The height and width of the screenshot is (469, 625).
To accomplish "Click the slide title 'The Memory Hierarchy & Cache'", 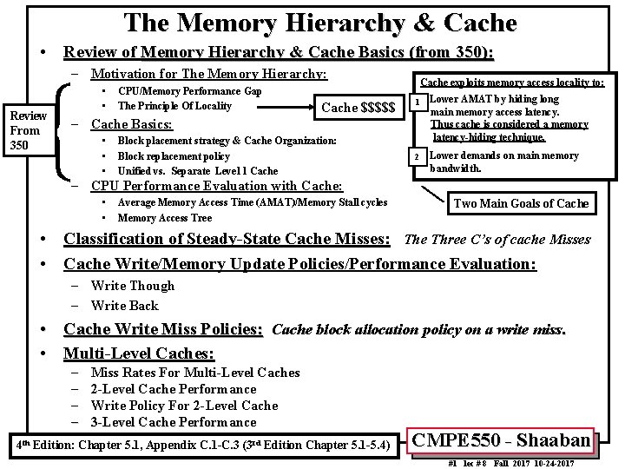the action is pyautogui.click(x=320, y=22).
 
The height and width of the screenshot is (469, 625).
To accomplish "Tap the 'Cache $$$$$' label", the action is pyautogui.click(x=358, y=107).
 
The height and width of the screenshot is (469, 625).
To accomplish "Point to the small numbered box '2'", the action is pyautogui.click(x=417, y=156).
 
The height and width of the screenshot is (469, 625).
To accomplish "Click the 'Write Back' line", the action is pyautogui.click(x=124, y=305).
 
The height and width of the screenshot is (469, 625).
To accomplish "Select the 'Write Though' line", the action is pyautogui.click(x=132, y=286).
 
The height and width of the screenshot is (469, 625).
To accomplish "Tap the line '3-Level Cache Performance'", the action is pyautogui.click(x=174, y=422).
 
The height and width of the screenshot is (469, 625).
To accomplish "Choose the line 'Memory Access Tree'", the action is pyautogui.click(x=164, y=218).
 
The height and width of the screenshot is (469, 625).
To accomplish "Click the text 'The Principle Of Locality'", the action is pyautogui.click(x=174, y=106).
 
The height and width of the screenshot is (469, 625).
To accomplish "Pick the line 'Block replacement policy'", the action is pyautogui.click(x=174, y=155).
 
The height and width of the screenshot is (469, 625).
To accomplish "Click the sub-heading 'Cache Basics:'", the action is pyautogui.click(x=132, y=123).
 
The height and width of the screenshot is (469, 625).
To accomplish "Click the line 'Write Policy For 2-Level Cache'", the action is pyautogui.click(x=184, y=406).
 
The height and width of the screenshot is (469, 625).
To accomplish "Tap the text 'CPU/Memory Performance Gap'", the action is pyautogui.click(x=189, y=91).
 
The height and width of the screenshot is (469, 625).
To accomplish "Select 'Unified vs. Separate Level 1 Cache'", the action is pyautogui.click(x=197, y=170).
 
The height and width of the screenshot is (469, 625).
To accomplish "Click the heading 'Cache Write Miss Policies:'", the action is pyautogui.click(x=163, y=329).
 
